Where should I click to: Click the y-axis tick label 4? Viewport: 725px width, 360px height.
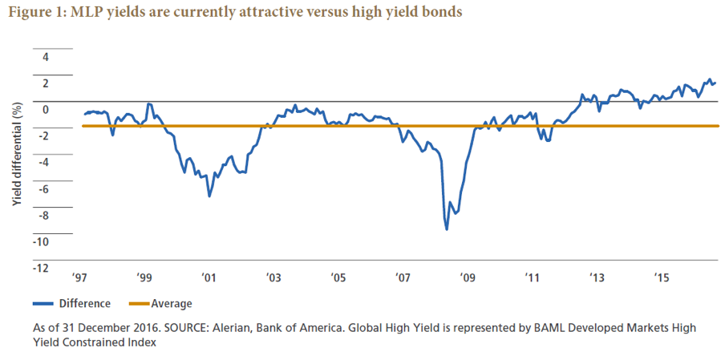click(x=46, y=57)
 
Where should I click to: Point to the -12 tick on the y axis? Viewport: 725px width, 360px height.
click(x=41, y=268)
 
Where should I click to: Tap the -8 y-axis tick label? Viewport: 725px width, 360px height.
click(x=43, y=215)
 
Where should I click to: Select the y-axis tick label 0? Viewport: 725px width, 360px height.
click(x=46, y=110)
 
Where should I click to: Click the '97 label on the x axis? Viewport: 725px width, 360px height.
click(x=79, y=278)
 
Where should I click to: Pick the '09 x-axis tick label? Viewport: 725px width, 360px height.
click(x=467, y=278)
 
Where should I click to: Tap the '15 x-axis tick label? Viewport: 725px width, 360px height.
click(x=662, y=278)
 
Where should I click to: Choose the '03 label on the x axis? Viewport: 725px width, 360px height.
click(x=273, y=278)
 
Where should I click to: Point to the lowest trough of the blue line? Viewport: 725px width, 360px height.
click(x=447, y=229)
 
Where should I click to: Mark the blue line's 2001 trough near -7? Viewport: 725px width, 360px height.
click(x=209, y=196)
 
